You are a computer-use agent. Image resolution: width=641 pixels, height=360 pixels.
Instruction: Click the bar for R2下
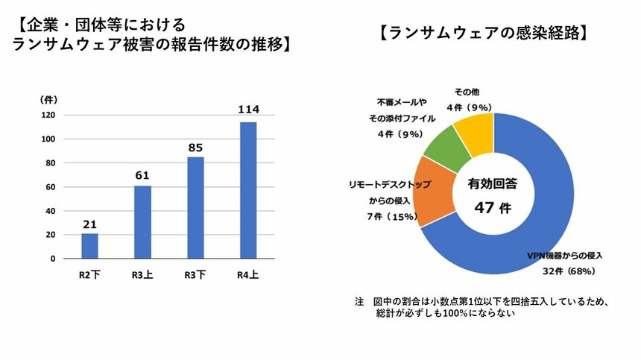(x=89, y=246)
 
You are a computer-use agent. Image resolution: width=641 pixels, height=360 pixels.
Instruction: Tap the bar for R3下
(x=195, y=208)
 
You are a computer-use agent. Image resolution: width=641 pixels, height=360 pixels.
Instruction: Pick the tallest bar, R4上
(x=247, y=190)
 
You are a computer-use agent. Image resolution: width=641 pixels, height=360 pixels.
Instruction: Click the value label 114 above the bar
(x=248, y=110)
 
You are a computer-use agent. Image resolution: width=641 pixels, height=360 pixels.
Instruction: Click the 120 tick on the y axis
(x=48, y=115)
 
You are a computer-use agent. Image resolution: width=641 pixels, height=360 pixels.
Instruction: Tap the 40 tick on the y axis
(x=50, y=211)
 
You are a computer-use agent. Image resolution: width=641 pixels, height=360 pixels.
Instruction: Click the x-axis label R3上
(x=142, y=274)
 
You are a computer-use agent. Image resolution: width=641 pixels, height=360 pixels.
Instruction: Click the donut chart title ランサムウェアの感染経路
(x=484, y=33)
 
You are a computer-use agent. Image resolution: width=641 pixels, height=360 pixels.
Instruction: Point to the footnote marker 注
(x=359, y=302)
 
